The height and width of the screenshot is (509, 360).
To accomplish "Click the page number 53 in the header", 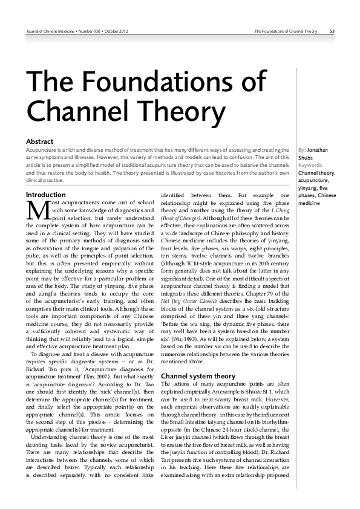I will tap(333, 31).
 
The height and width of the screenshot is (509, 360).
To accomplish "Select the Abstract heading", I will tap(41, 141).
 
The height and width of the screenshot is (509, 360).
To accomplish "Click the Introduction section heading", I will tap(45, 195).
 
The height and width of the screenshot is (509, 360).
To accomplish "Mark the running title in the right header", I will tap(285, 31).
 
